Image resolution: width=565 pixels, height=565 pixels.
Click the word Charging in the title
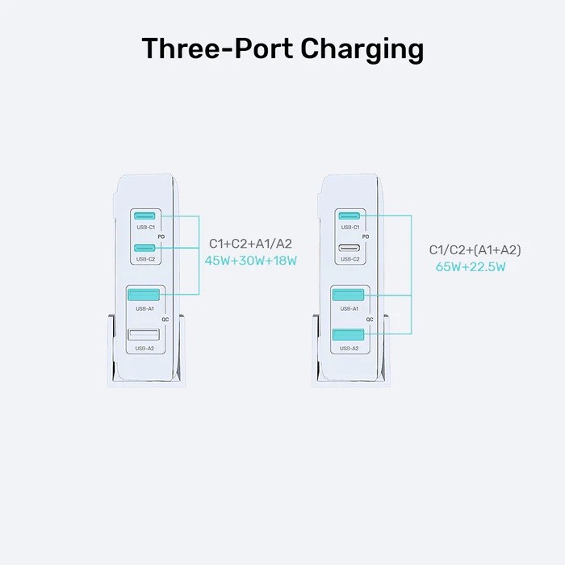pyautogui.click(x=362, y=49)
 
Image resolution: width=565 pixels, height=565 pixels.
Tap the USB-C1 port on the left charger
pyautogui.click(x=145, y=216)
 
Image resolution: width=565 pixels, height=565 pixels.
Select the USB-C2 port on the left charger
pyautogui.click(x=145, y=247)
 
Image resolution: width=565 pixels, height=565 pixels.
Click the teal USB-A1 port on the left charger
pyautogui.click(x=145, y=295)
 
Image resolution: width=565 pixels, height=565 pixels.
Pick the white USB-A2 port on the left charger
pyautogui.click(x=145, y=334)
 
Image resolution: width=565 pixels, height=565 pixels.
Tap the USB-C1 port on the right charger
pyautogui.click(x=349, y=216)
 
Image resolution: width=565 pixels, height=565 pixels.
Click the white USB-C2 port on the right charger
pyautogui.click(x=349, y=247)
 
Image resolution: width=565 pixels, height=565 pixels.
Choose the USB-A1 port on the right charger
pyautogui.click(x=349, y=295)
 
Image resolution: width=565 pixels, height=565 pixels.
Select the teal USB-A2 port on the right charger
pyautogui.click(x=349, y=334)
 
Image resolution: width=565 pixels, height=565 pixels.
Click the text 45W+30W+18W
pyautogui.click(x=251, y=261)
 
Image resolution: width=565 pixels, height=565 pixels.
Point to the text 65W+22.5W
pyautogui.click(x=471, y=266)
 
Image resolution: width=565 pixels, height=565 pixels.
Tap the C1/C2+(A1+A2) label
pyautogui.click(x=475, y=249)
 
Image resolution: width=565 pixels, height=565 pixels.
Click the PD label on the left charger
pyautogui.click(x=162, y=237)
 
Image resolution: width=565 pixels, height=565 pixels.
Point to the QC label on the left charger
pyautogui.click(x=165, y=319)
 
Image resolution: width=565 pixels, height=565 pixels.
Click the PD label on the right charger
pyautogui.click(x=366, y=237)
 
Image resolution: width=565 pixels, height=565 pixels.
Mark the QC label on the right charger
pyautogui.click(x=369, y=320)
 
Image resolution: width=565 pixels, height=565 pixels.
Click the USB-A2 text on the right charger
pyautogui.click(x=349, y=349)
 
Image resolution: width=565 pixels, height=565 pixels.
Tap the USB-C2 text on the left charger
pyautogui.click(x=146, y=259)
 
